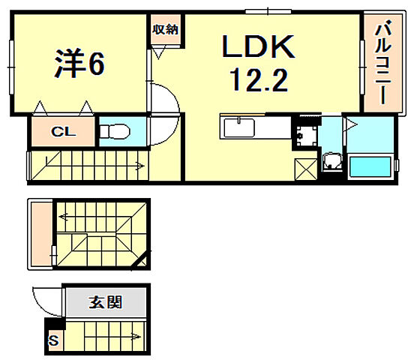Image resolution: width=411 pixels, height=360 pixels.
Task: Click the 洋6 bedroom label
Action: (x=78, y=64)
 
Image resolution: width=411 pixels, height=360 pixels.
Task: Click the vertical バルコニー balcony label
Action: (x=379, y=64)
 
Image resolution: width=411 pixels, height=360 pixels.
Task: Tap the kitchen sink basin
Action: (x=238, y=127)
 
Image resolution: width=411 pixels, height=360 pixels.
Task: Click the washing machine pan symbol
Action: (x=306, y=136)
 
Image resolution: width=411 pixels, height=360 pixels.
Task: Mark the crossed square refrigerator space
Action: (x=306, y=169)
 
